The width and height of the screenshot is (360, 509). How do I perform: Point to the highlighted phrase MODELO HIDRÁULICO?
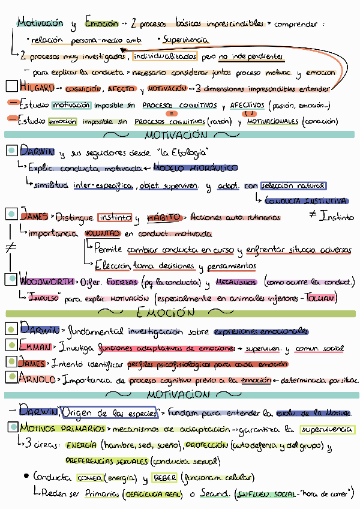pyautogui.click(x=196, y=168)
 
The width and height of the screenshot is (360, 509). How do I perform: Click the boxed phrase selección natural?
pyautogui.click(x=294, y=185)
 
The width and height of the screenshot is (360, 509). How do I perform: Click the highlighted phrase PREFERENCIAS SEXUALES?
pyautogui.click(x=106, y=461)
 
